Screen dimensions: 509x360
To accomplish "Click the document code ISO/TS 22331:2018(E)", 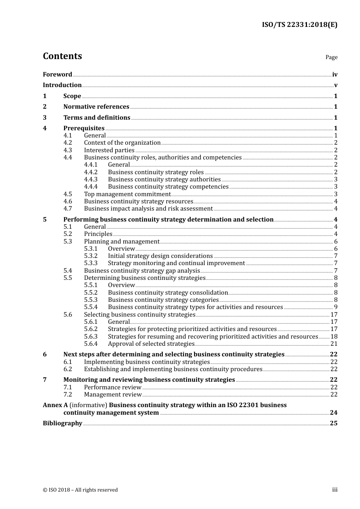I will pos(299,25).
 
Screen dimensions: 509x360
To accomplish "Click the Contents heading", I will pos(62,56).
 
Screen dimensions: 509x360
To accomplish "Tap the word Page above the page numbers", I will pos(331,57).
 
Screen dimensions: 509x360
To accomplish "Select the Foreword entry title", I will pos(57,75).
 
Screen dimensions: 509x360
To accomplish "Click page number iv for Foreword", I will pos(335,75).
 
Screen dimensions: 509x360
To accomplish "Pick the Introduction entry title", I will pos(62,85).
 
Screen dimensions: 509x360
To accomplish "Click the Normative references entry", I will pos(96,107).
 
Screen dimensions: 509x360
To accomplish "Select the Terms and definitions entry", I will pos(97,118).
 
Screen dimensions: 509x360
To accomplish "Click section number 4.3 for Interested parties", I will pos(67,150).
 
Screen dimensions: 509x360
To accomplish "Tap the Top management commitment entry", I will pos(127,194).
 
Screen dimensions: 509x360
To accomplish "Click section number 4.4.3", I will pos(91,180).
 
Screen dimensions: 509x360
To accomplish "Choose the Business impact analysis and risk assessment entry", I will pos(148,209).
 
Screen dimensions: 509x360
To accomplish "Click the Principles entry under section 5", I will pos(98,234).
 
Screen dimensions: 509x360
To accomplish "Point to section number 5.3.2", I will pos(91,256).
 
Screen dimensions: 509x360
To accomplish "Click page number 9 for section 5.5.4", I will pos(335,307).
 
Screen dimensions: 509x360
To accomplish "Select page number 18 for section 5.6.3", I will pos(334,337).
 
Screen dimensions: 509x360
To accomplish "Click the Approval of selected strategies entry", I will pos(151,344).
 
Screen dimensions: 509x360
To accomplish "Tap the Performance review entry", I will pos(113,387).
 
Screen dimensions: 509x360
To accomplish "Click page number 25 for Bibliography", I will pos(333,423).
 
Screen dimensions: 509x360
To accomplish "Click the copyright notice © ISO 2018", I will pos(80,490).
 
